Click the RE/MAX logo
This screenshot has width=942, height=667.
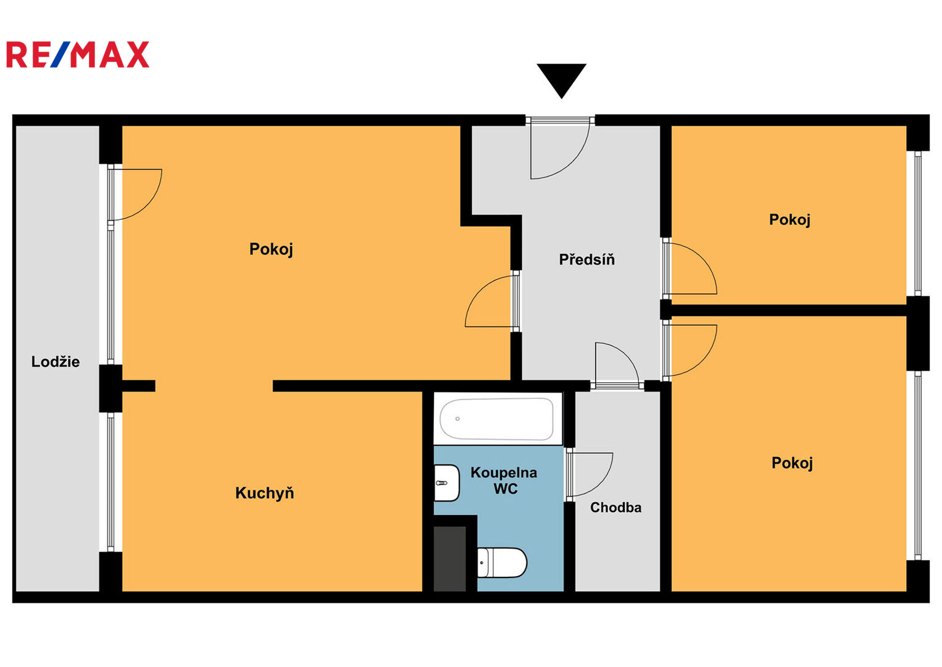78,54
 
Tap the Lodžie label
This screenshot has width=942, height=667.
56,362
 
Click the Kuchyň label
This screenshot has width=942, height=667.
265,493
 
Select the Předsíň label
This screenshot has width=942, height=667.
586,259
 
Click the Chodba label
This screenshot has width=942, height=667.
615,508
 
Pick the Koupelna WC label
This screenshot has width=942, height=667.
504,480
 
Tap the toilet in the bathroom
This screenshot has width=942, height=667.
502,563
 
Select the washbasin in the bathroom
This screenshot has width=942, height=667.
446,483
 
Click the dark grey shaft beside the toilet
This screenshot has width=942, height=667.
449,559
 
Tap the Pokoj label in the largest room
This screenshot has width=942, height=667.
271,249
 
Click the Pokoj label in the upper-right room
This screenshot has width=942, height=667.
790,220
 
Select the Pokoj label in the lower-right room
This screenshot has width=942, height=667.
792,463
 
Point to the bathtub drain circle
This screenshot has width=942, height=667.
457,419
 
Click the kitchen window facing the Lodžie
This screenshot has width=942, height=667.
110,482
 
